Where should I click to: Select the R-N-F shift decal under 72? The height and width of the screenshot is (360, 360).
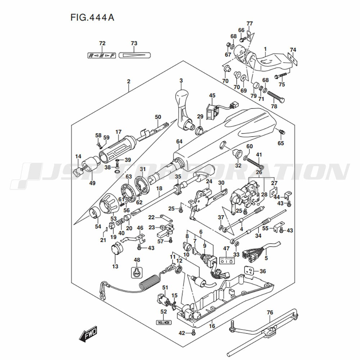102,55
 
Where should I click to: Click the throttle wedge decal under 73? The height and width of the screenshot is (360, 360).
134,55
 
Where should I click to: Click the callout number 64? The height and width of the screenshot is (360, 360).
180,141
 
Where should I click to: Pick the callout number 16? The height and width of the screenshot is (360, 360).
212,326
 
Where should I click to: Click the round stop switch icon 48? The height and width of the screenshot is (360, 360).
137,273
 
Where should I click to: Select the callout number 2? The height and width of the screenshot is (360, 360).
129,81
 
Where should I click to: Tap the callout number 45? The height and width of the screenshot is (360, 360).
212,95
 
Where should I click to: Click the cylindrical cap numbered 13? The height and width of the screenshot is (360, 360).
115,249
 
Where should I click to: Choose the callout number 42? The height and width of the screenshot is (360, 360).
182,333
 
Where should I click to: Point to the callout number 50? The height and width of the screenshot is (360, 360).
158,117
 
